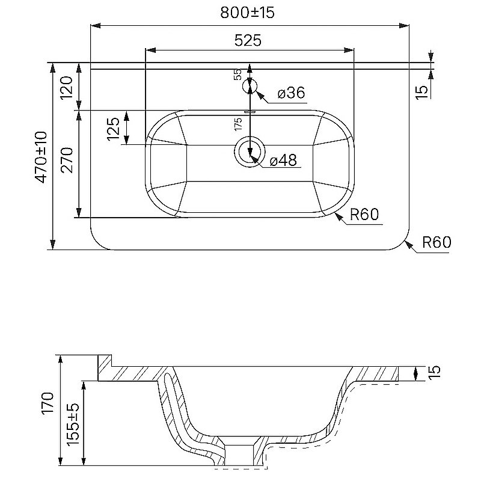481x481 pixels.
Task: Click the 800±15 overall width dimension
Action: (247, 13)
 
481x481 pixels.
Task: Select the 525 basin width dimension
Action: (248, 40)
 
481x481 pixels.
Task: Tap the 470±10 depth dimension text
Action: (41, 157)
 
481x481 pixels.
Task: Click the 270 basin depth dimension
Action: (67, 160)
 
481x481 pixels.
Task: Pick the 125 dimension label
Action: (113, 129)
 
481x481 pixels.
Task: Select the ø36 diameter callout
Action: (292, 93)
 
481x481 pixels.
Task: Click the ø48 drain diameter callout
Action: (283, 160)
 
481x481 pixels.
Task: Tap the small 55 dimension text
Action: (238, 75)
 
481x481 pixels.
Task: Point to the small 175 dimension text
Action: (238, 124)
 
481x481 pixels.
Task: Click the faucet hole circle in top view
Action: (250, 87)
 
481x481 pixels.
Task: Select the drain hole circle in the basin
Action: (250, 152)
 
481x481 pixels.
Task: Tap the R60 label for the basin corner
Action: (364, 215)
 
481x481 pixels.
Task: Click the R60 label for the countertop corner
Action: (437, 242)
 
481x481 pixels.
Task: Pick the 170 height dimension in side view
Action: (48, 403)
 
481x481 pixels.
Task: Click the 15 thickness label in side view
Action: (434, 372)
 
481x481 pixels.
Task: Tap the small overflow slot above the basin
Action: (250, 112)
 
